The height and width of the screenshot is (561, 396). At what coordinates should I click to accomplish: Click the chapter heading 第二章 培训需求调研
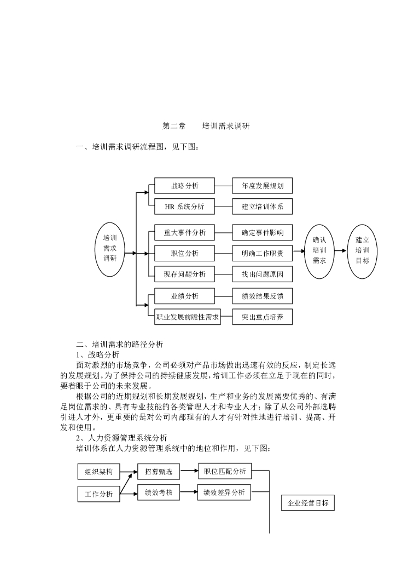(206, 126)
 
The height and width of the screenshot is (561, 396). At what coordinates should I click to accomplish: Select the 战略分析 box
(184, 186)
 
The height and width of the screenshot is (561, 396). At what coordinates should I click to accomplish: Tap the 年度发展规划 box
(262, 186)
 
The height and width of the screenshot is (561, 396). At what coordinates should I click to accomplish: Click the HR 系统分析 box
(184, 207)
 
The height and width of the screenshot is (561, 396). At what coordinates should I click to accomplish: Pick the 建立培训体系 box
(262, 207)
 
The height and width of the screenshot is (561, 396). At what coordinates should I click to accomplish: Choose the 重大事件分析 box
(184, 232)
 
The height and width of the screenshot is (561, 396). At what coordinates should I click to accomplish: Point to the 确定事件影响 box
(262, 232)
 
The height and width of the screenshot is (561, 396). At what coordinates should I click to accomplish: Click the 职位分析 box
(184, 253)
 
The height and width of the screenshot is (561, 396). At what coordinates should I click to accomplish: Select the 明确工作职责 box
(262, 253)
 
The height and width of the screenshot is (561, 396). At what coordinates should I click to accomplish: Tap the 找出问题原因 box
(262, 274)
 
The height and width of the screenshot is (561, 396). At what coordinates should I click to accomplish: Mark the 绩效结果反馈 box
(262, 296)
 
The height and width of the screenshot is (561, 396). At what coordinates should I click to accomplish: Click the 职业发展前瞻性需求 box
(188, 317)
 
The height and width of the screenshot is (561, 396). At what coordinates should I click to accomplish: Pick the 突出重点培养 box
(262, 317)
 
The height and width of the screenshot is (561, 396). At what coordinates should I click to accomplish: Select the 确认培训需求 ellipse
(319, 251)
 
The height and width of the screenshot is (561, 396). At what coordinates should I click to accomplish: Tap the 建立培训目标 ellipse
(363, 251)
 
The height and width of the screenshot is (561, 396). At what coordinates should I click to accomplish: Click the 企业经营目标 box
(308, 503)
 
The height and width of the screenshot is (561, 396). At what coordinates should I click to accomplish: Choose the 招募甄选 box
(159, 471)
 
